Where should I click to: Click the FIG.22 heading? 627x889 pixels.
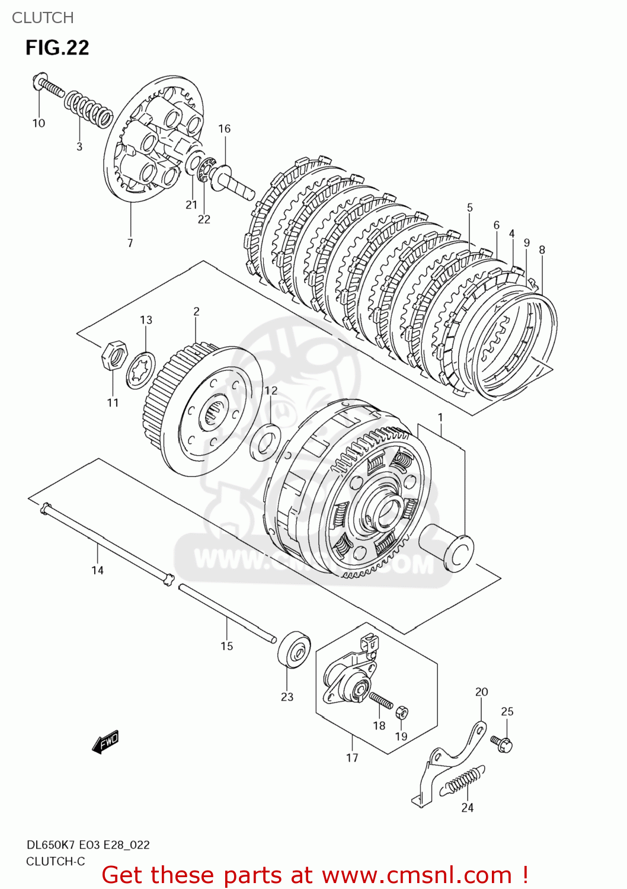[x=57, y=47]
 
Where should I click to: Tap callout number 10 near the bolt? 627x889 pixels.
[x=39, y=123]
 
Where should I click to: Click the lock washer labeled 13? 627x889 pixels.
[x=141, y=370]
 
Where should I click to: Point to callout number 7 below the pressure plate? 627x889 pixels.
[x=130, y=243]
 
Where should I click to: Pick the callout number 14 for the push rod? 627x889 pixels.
[x=97, y=570]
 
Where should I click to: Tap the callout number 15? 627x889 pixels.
[x=226, y=646]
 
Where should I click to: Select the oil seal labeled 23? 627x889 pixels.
[x=294, y=650]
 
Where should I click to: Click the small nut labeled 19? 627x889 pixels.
[x=401, y=711]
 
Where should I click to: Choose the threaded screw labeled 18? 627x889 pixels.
[x=381, y=701]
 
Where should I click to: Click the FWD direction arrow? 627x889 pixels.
[x=106, y=741]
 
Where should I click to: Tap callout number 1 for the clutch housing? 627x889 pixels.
[x=440, y=417]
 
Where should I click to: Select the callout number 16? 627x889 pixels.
[x=224, y=129]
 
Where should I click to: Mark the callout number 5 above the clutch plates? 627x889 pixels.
[x=469, y=207]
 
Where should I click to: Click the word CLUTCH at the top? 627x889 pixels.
[x=43, y=18]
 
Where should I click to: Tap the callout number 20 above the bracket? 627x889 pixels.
[x=481, y=692]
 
